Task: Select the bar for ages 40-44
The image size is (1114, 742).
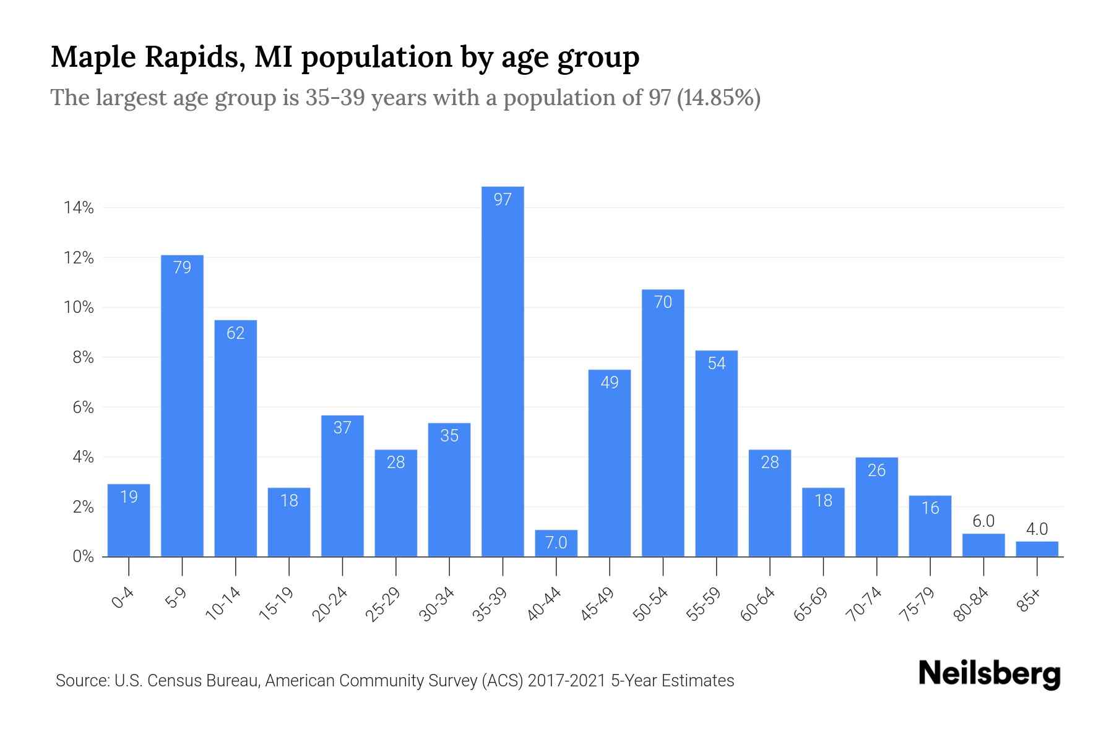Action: tap(556, 544)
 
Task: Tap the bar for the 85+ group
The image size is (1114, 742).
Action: tap(1037, 550)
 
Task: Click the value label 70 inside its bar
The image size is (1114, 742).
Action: tap(663, 302)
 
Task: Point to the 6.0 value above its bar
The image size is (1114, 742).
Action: tap(983, 521)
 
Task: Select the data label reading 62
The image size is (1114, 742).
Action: tap(235, 333)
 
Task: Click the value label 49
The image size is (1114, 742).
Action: tap(610, 383)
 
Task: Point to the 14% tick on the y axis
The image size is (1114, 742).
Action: tap(78, 208)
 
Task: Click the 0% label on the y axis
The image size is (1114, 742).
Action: tap(83, 556)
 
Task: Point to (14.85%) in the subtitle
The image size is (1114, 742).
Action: tap(719, 98)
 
